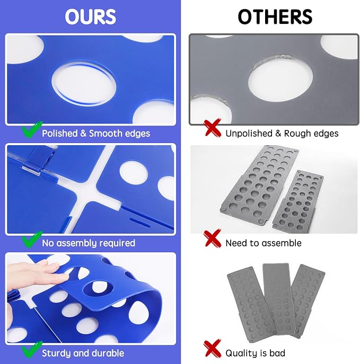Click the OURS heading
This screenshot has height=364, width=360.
(x=90, y=17)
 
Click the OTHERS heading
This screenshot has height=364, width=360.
(x=275, y=17)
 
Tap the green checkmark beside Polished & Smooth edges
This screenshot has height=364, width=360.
(x=32, y=129)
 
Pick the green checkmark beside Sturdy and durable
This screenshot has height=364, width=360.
(x=32, y=349)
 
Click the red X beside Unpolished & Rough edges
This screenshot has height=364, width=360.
(x=212, y=128)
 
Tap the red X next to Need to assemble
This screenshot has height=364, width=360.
(x=212, y=238)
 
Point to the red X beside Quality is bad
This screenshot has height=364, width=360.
(x=212, y=348)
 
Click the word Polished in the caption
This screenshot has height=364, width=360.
(x=60, y=134)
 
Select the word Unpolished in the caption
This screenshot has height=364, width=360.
(x=249, y=134)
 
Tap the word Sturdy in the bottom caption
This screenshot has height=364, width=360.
(x=56, y=353)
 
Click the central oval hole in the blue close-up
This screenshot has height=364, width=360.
(x=84, y=84)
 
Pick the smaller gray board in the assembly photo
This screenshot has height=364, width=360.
(x=297, y=200)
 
